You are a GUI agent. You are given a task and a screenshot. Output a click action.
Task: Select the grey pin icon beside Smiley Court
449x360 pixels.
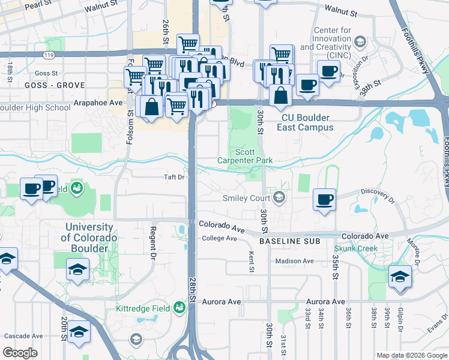coord(279,197)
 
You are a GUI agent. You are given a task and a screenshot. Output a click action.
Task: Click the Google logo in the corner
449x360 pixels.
coord(20,353)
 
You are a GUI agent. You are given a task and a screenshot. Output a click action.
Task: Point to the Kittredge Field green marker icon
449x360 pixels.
coord(178,308)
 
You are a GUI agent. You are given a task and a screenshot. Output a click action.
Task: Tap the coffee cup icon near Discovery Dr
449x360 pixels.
coord(325,200)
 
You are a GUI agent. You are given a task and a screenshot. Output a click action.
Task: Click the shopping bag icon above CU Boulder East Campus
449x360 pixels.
coord(281,95)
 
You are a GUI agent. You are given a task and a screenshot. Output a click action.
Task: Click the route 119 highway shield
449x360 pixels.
coord(46,55)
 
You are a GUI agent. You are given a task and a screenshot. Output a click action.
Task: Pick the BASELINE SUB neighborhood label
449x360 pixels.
coord(287,241)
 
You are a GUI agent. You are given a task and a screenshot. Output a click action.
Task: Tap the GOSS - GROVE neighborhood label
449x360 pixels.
coord(55,86)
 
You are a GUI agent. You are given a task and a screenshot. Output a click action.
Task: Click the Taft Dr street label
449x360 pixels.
coord(174,177)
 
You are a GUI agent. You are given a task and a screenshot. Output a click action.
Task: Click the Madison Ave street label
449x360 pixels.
coord(295,261)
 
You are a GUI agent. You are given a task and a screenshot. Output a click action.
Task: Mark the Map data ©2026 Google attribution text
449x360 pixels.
coord(412,355)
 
